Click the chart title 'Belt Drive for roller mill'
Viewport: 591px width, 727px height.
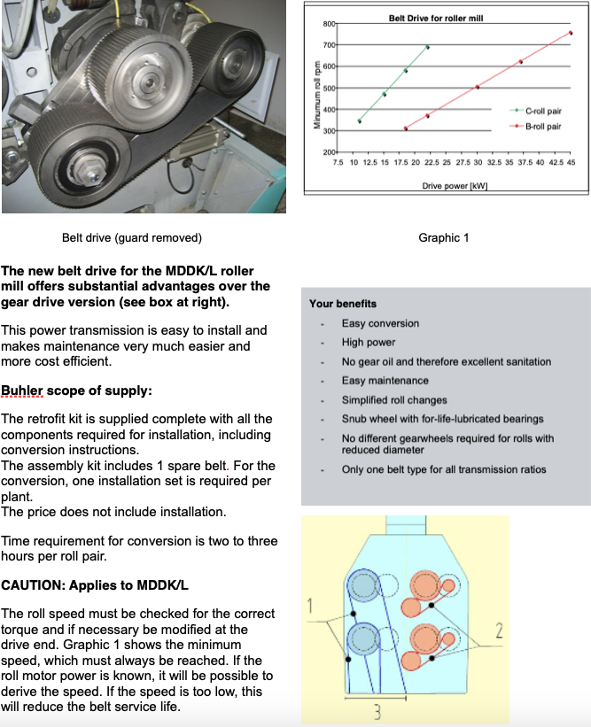click(436, 18)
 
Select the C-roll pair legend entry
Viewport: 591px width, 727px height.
click(542, 112)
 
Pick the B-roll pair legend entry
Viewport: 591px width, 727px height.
click(542, 127)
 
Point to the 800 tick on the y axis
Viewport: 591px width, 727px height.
click(330, 23)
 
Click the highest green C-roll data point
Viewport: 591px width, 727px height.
click(428, 47)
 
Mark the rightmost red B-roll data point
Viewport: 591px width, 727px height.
click(571, 33)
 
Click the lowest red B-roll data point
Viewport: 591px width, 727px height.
click(406, 128)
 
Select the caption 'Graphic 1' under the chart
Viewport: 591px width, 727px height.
click(444, 237)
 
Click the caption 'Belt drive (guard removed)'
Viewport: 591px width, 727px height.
click(132, 237)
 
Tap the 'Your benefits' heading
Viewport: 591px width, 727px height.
click(343, 304)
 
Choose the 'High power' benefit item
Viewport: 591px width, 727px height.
click(369, 342)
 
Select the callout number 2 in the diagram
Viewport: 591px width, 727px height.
click(499, 631)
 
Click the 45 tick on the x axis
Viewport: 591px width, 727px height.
click(572, 164)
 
